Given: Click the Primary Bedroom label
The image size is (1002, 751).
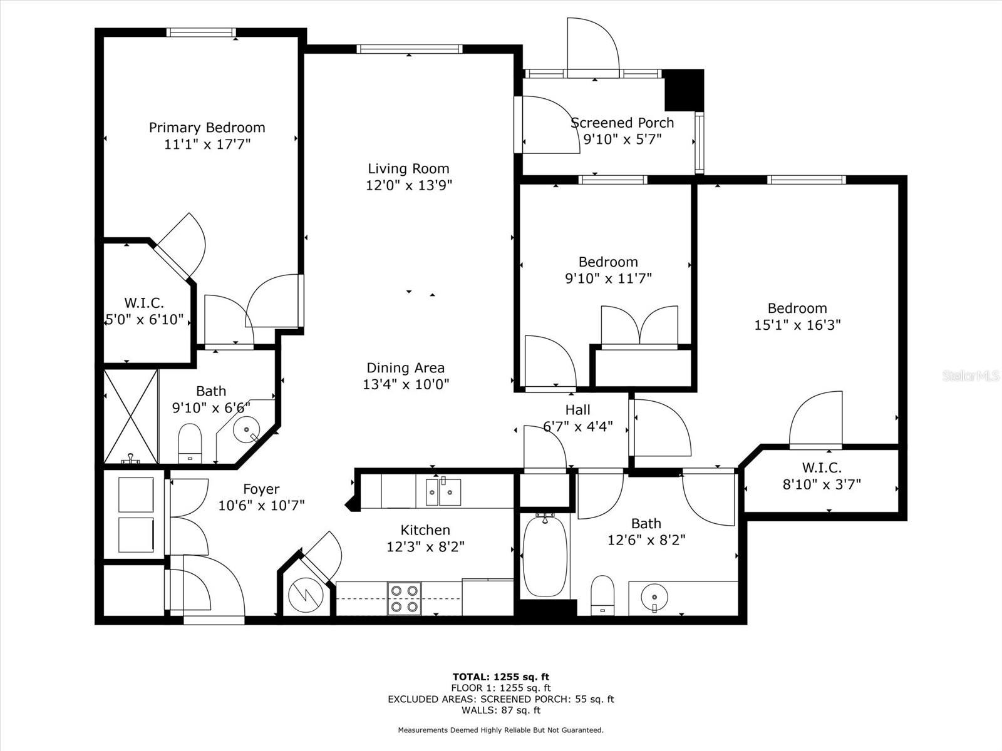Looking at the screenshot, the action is tap(207, 127).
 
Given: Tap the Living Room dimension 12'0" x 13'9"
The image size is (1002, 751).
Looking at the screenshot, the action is tap(408, 186).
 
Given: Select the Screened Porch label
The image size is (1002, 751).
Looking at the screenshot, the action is tap(622, 123).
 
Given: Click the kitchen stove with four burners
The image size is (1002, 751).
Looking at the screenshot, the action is tap(405, 599).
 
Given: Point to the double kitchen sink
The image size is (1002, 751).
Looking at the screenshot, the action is tap(443, 492).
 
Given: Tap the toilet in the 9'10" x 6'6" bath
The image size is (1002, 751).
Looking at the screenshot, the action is tap(190, 443).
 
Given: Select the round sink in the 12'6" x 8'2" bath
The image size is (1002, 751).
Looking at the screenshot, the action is tap(654, 597).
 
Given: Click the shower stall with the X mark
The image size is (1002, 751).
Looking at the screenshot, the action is tap(131, 417).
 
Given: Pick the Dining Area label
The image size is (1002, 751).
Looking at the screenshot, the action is tap(405, 367).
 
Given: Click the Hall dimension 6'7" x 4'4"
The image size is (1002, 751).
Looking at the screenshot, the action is tap(577, 427).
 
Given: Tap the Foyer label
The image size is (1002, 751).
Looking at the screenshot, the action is tap(261, 489).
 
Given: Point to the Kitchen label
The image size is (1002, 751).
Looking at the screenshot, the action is tap(425, 530).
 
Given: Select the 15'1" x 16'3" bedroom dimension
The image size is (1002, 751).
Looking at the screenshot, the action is tap(797, 325).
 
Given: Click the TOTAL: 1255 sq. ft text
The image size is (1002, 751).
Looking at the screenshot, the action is tap(501, 677).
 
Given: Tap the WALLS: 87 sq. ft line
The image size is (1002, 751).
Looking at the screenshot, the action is tap(501, 710).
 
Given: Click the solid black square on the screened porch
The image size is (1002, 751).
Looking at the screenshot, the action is tap(684, 90).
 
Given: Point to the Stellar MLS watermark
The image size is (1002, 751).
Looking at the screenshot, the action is tap(971, 376).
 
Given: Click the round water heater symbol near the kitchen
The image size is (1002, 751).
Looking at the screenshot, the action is tap(306, 596).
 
